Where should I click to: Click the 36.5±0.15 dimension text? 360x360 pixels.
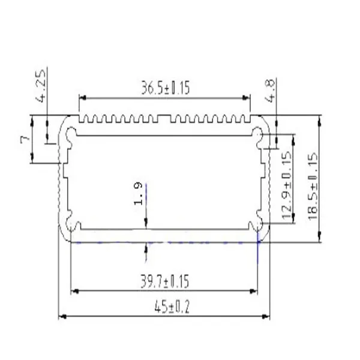click(165, 89)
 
